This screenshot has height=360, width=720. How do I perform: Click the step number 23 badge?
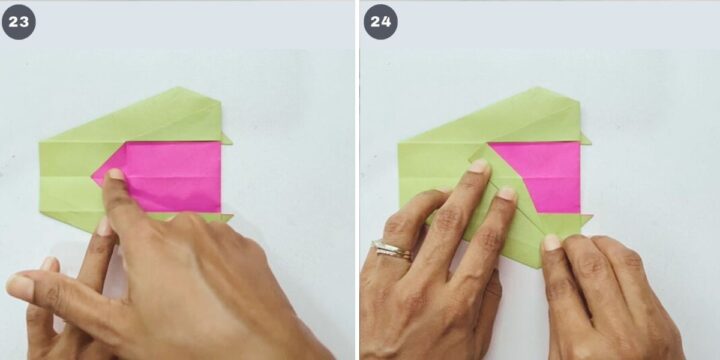coord(18,22)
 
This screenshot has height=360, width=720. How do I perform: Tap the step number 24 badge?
coord(381,22)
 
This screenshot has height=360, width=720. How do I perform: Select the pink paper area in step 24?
coord(542,176)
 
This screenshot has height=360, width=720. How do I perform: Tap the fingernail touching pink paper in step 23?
coord(116,174)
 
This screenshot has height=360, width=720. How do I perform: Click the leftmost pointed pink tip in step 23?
coord(93,177)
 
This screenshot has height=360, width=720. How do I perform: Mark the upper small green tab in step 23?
coord(226,139)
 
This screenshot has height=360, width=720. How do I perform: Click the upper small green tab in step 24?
coord(585,139)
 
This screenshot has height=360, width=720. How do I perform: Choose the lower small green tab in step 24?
coord(586,219)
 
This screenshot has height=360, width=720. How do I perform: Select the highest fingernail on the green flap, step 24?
coord(478,166)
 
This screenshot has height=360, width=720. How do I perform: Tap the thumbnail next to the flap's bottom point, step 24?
coord(551,242)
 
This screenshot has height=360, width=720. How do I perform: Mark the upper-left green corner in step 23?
coord(40,142)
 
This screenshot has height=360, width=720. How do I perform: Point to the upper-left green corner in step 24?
coord(399,143)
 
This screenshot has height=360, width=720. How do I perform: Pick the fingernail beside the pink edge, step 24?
coord(507,193)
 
